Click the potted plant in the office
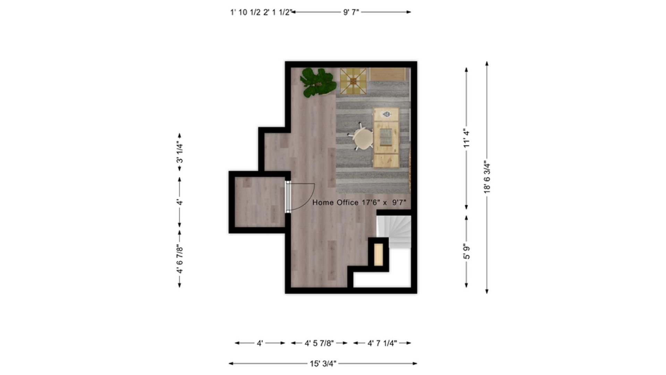[x=318, y=83]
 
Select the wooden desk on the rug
[x=386, y=137]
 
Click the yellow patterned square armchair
[x=353, y=81]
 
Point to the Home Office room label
[x=359, y=202]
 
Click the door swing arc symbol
[x=305, y=198]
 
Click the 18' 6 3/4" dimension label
[x=487, y=177]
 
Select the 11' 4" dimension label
[x=467, y=138]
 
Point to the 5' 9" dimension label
[x=467, y=252]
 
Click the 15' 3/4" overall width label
[x=323, y=364]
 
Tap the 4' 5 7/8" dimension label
[x=319, y=343]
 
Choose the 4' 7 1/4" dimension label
[x=382, y=343]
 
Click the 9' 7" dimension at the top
[x=351, y=12]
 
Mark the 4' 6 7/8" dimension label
[x=180, y=259]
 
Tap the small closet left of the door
[x=259, y=202]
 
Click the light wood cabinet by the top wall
[x=388, y=74]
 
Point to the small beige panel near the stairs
[x=378, y=255]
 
